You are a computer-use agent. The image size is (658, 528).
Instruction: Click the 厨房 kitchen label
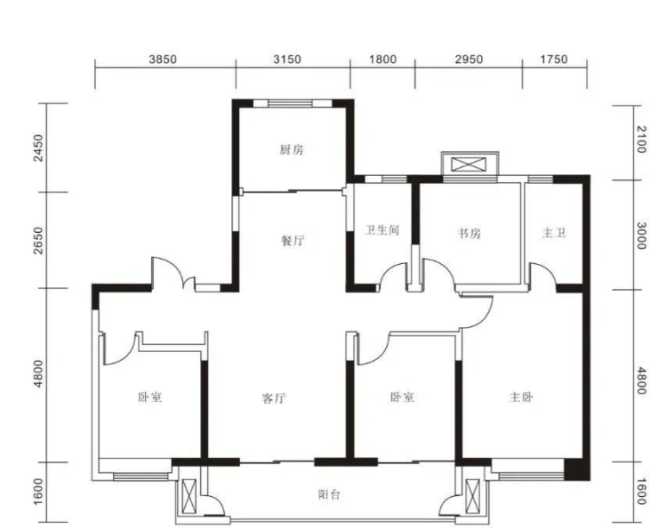(292, 149)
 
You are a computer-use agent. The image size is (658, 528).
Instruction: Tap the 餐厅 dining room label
(293, 241)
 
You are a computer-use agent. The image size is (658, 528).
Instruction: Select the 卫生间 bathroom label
(381, 230)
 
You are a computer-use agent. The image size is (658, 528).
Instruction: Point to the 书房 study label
(469, 233)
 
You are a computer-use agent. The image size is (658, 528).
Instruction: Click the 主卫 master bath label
(554, 233)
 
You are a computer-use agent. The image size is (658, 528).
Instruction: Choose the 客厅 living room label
(274, 397)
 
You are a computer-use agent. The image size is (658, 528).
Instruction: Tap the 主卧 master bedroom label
(522, 396)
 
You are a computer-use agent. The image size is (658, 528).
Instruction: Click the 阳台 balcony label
(329, 495)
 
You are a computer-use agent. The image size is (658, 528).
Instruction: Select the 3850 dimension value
(163, 60)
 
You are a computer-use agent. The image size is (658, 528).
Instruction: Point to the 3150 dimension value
(287, 60)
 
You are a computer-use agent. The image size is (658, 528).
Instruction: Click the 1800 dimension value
(382, 60)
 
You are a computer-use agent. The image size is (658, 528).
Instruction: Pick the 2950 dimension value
(469, 60)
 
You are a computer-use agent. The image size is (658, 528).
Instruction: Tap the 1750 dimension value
(554, 60)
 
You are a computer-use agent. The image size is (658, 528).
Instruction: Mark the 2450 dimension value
(38, 148)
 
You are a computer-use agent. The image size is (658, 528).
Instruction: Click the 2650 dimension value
(38, 240)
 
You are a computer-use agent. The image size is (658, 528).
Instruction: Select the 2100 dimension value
(641, 140)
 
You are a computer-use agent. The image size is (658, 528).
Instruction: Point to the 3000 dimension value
(641, 236)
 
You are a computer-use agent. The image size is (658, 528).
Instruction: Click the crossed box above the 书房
(469, 164)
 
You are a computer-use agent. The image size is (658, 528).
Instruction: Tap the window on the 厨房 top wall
(291, 103)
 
